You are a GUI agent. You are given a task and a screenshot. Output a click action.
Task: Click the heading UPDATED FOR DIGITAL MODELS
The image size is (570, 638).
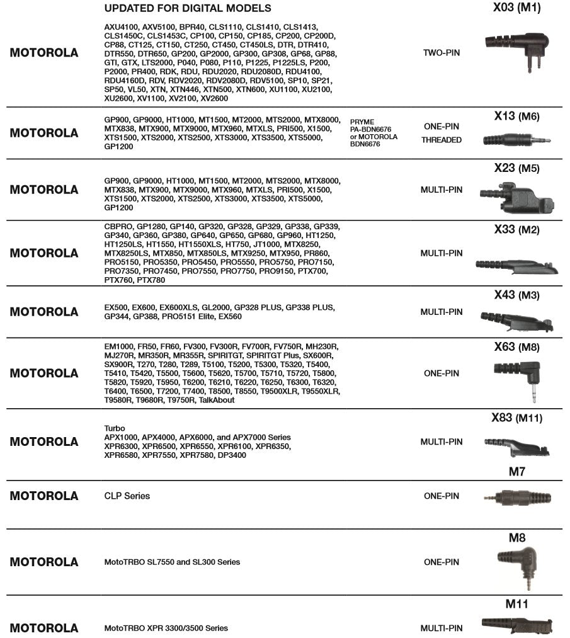point(188,9)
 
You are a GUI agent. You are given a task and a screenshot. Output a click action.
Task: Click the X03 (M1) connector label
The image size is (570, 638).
point(516,8)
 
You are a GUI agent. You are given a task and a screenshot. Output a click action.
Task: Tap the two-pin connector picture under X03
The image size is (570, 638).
point(513,44)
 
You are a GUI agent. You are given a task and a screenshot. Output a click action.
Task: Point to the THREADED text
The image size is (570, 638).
point(442,140)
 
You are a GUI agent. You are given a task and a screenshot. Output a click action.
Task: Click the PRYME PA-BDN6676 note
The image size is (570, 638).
point(373,133)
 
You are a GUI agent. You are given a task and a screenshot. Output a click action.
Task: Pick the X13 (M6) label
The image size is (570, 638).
point(516,117)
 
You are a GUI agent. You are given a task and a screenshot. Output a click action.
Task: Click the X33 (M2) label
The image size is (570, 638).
point(516,230)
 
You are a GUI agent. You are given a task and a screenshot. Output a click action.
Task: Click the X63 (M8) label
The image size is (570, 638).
point(516,347)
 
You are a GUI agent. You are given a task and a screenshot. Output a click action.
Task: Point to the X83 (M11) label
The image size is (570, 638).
point(516,418)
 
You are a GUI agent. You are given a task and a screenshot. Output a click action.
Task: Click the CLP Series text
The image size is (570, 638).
point(127,496)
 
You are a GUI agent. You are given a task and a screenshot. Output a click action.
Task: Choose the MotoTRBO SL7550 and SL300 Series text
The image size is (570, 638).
point(172,562)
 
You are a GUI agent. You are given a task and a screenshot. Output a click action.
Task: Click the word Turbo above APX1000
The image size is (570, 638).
point(114,428)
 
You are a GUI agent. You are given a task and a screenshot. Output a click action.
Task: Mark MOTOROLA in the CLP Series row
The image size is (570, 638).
point(44,496)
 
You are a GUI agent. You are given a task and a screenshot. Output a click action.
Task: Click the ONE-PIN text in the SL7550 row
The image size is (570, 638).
point(442,562)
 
